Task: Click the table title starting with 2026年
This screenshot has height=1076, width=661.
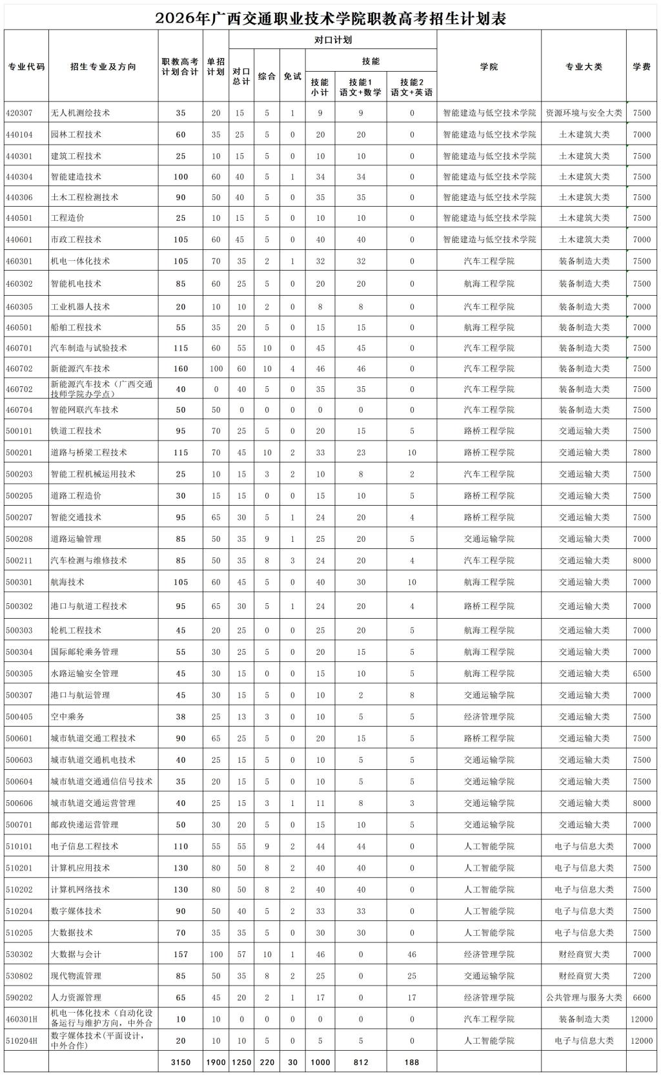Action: pyautogui.click(x=330, y=18)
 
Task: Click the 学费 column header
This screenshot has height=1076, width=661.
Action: pyautogui.click(x=641, y=67)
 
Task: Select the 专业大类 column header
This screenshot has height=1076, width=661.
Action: pyautogui.click(x=584, y=67)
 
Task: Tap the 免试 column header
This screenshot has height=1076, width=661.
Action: pyautogui.click(x=292, y=76)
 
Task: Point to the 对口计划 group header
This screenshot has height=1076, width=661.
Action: pyautogui.click(x=332, y=40)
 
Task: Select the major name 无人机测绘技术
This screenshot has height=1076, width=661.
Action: pyautogui.click(x=80, y=113)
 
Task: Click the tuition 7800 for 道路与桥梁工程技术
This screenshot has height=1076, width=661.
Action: pyautogui.click(x=641, y=453)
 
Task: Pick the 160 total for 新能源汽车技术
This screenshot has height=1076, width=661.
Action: pyautogui.click(x=181, y=369)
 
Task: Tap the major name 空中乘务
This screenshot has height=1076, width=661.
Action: pyautogui.click(x=67, y=717)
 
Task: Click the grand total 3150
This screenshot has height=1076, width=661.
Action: pyautogui.click(x=181, y=1062)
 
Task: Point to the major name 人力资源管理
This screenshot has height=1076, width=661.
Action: pyautogui.click(x=76, y=997)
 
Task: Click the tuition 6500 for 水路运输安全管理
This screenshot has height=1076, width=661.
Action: pyautogui.click(x=641, y=674)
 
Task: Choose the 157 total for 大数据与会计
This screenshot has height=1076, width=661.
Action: pyautogui.click(x=181, y=954)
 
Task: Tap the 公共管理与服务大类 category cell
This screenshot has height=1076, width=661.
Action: pyautogui.click(x=584, y=997)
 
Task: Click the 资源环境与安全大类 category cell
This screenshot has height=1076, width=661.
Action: pyautogui.click(x=584, y=113)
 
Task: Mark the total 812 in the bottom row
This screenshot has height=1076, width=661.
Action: pyautogui.click(x=360, y=1062)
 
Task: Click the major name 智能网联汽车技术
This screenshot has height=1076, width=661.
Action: pyautogui.click(x=85, y=409)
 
